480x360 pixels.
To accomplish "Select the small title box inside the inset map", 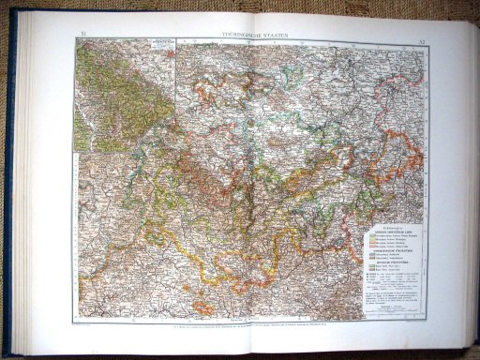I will [154, 44].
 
